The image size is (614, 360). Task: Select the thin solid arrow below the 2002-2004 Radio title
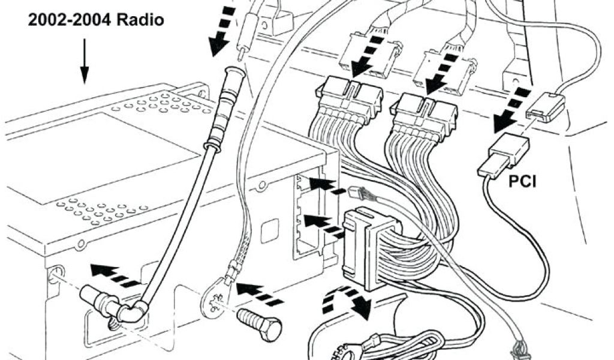coord(84,61)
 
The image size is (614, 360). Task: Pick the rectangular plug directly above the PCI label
coord(503,155)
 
